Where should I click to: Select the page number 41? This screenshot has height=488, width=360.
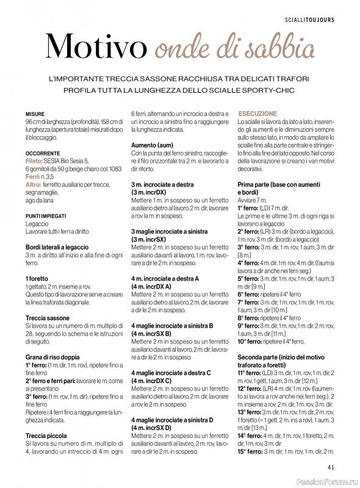tap(331, 468)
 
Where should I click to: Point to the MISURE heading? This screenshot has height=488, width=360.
tap(35, 114)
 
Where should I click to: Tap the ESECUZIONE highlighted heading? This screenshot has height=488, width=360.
tap(257, 114)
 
